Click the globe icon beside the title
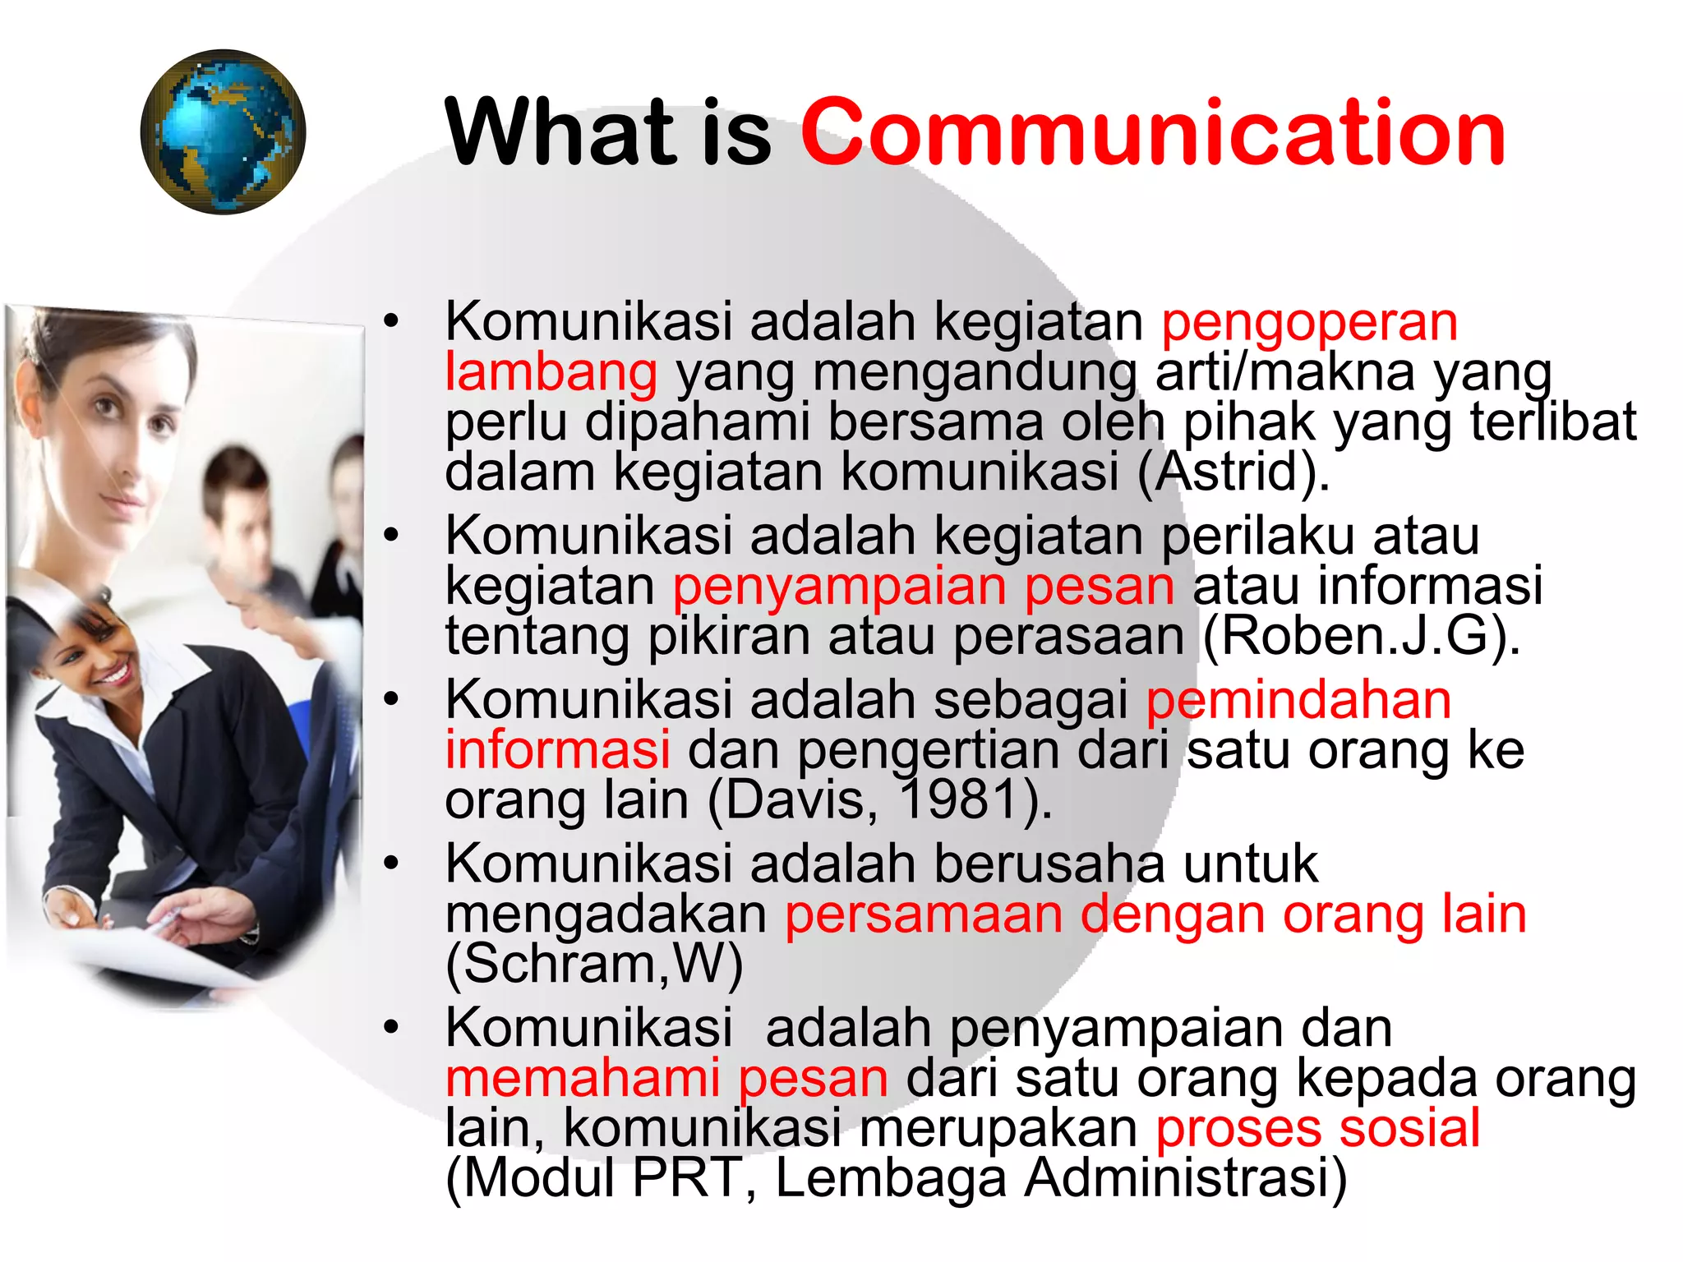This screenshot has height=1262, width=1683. [223, 132]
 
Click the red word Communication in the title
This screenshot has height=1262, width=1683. [1152, 132]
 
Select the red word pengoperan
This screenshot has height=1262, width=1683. [1309, 321]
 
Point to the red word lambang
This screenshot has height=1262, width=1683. [551, 371]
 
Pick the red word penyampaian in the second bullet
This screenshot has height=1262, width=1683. [839, 587]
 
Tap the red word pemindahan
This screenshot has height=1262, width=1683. [1298, 700]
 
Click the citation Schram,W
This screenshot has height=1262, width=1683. [594, 964]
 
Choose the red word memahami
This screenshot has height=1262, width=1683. [582, 1078]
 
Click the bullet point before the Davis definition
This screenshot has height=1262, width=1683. [391, 700]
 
